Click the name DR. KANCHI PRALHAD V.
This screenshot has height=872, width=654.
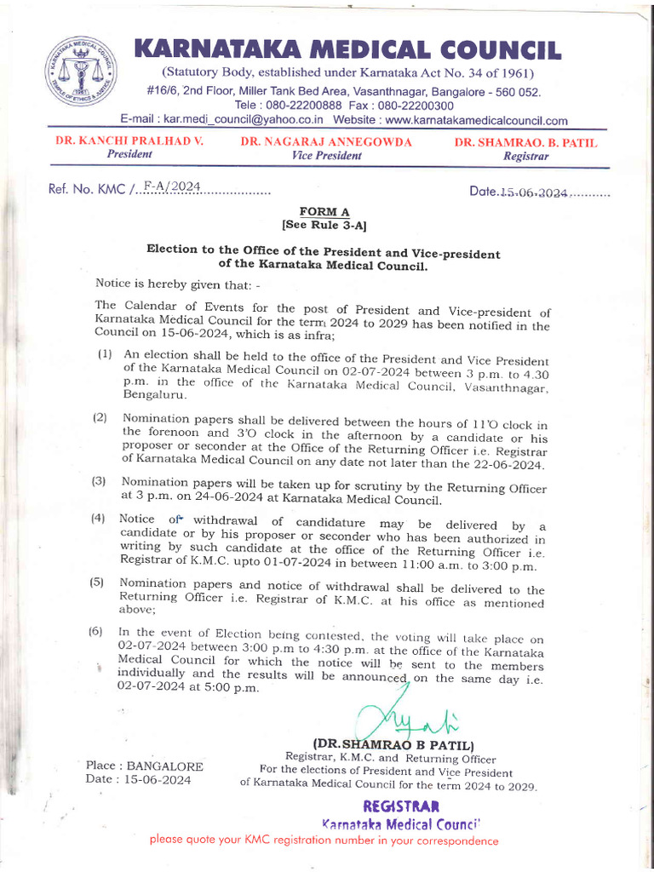point(129,141)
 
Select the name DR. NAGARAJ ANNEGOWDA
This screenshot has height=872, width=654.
point(326,141)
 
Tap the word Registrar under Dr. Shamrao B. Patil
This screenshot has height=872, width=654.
point(525,157)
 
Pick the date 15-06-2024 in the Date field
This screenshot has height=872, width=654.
point(533,192)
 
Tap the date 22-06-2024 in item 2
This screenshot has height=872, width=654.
point(507,464)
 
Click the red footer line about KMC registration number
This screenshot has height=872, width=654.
point(324,841)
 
